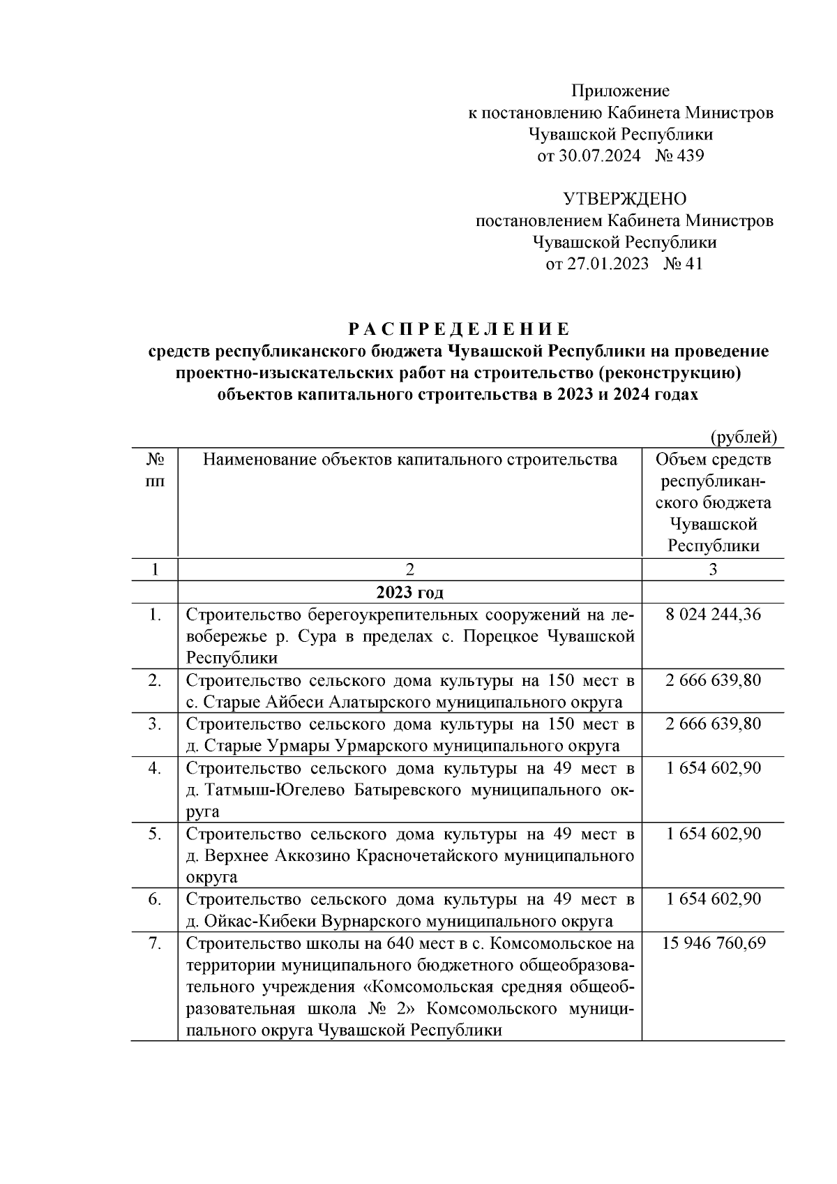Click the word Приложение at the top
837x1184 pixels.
point(620,91)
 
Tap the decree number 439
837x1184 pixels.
point(691,156)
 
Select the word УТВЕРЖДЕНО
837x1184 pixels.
point(624,200)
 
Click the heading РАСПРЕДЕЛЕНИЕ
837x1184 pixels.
point(458,329)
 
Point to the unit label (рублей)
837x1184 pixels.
point(743,437)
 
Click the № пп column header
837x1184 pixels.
point(155,471)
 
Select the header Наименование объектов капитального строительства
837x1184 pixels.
point(409,460)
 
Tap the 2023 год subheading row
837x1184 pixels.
point(409,593)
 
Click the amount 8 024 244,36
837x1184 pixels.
point(713,615)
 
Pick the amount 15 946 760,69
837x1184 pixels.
point(713,943)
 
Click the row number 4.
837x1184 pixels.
point(155,768)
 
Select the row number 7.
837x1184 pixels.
point(155,943)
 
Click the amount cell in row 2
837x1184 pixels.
point(713,680)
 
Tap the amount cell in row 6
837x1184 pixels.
point(713,899)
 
